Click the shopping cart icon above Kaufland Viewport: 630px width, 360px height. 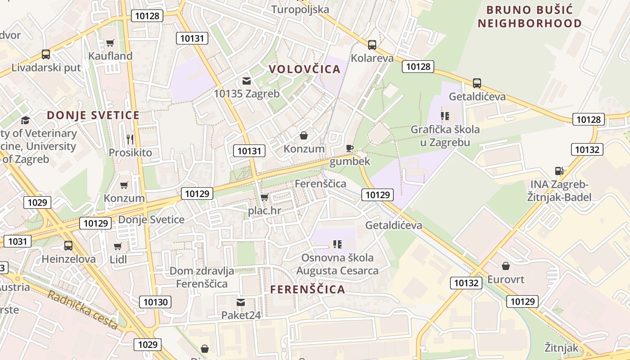click(110, 43)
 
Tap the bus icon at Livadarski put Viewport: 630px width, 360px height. click(46, 54)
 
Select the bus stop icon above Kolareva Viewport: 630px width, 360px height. click(372, 45)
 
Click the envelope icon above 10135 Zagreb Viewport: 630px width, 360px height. click(247, 81)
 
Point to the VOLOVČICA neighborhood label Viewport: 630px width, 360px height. click(305, 69)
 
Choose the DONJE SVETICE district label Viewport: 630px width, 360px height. click(93, 115)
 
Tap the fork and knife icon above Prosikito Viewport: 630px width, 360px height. click(130, 139)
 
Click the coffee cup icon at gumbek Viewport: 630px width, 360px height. click(350, 148)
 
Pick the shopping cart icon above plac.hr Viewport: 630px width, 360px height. click(265, 197)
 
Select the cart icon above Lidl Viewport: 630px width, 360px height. click(118, 246)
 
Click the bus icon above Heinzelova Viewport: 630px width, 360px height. click(68, 246)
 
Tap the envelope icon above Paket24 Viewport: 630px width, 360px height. click(241, 302)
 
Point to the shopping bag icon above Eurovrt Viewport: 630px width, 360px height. click(506, 266)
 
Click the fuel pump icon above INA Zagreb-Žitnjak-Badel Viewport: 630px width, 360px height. click(559, 171)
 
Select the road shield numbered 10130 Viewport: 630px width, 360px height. click(155, 302)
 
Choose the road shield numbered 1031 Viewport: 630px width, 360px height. click(18, 241)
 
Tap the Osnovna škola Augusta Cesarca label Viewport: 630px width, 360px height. click(337, 264)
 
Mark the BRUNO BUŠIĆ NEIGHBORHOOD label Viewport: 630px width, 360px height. click(530, 17)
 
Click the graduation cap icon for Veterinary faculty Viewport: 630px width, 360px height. click(25, 120)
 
